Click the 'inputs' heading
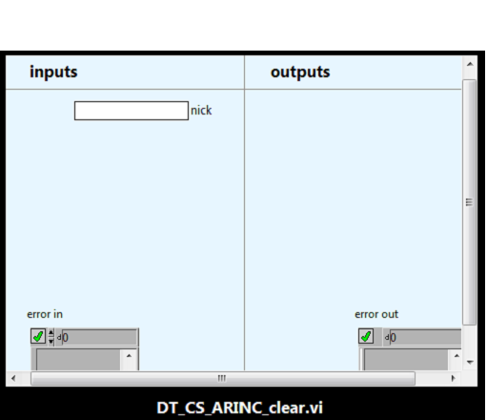(x=53, y=72)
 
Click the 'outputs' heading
(x=300, y=72)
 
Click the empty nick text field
(x=132, y=111)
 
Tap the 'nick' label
(x=201, y=111)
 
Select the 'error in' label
(x=45, y=314)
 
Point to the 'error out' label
(x=376, y=314)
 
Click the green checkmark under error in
(x=38, y=336)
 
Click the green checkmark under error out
(x=366, y=336)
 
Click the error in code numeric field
(x=99, y=337)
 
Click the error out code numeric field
(x=425, y=337)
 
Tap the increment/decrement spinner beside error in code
(x=51, y=337)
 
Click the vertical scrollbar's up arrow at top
(x=470, y=64)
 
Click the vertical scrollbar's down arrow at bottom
(x=470, y=362)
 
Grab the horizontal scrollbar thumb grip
(x=222, y=378)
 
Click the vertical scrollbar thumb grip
(x=469, y=202)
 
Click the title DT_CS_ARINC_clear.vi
(x=240, y=408)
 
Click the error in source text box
(x=78, y=360)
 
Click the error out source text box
(x=406, y=360)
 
